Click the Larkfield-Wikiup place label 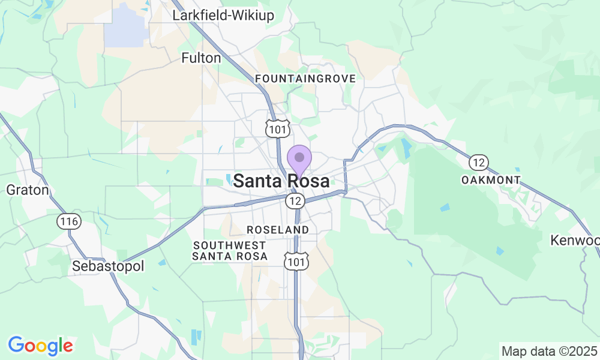[x=223, y=16]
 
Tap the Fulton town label [x=202, y=58]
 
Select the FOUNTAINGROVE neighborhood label [x=305, y=79]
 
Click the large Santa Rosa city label [x=281, y=181]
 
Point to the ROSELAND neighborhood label [x=278, y=230]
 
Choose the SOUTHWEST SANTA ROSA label [x=229, y=251]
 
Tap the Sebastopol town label [x=109, y=266]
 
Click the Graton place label [x=27, y=190]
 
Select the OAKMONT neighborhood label [x=491, y=180]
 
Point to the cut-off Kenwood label [x=576, y=241]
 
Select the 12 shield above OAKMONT [x=479, y=162]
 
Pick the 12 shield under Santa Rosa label [x=294, y=201]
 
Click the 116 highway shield [x=69, y=221]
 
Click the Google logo [x=40, y=346]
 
